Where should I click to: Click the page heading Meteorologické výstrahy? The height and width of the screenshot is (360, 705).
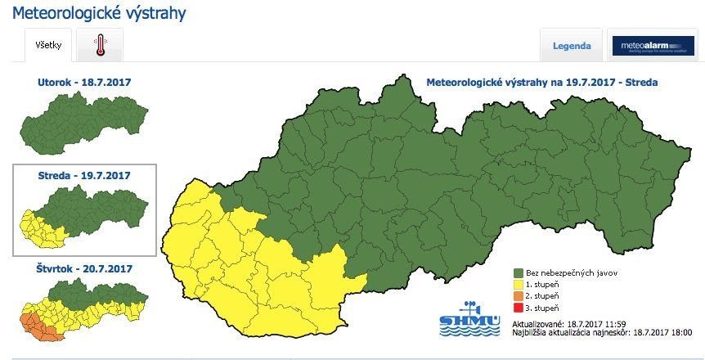99,14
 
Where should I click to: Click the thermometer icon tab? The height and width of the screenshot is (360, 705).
100,44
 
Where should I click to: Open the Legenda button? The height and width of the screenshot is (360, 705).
572,46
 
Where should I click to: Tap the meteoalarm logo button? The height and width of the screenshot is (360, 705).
653,46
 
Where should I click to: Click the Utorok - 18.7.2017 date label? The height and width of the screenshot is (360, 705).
84,83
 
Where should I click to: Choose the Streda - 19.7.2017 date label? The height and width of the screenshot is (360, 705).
84,176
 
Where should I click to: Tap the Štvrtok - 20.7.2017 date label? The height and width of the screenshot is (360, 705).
84,268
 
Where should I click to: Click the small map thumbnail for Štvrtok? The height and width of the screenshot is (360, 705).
84,309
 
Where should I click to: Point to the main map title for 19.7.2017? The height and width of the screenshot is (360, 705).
542,83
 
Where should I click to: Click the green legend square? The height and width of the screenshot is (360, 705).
519,273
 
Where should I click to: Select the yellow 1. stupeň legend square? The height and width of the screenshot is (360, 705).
519,285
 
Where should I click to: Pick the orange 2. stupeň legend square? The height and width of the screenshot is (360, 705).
519,296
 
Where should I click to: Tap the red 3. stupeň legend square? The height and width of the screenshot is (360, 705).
519,308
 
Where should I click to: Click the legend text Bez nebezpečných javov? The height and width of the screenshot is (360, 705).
571,273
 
